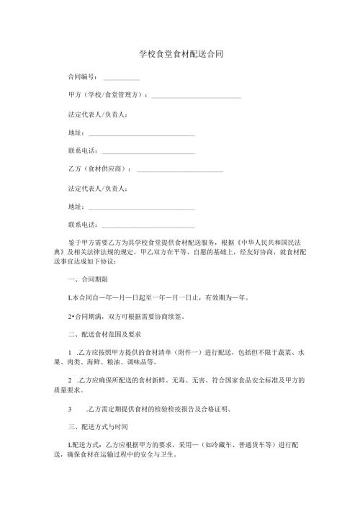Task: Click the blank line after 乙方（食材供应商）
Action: [x=179, y=171]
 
